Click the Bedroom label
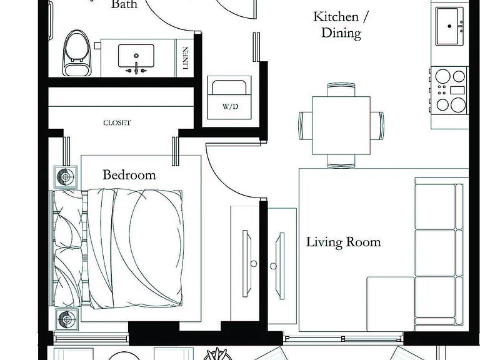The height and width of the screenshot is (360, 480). [x=129, y=175]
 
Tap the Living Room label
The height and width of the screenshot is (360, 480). [x=344, y=242]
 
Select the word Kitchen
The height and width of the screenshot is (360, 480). [x=336, y=17]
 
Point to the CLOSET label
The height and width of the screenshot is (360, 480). [x=117, y=122]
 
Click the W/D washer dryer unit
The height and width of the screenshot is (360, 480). [x=229, y=97]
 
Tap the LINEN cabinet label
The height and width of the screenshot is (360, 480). [x=186, y=58]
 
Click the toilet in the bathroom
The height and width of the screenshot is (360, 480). [x=77, y=53]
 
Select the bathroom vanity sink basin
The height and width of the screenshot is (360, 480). [x=136, y=56]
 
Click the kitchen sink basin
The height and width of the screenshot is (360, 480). [x=447, y=27]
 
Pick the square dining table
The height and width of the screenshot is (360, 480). [x=341, y=126]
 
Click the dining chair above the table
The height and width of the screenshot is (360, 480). [x=341, y=89]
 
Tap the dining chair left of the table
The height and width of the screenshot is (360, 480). [x=306, y=126]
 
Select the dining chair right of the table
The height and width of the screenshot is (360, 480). [x=377, y=126]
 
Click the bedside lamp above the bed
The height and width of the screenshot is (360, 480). [x=66, y=177]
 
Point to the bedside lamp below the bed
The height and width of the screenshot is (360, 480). [x=66, y=319]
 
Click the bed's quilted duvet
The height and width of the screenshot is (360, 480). [x=135, y=249]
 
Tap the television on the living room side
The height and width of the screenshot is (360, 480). [x=280, y=266]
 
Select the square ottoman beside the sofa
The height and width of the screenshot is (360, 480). [x=391, y=304]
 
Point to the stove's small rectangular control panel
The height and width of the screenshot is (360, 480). [x=457, y=90]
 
